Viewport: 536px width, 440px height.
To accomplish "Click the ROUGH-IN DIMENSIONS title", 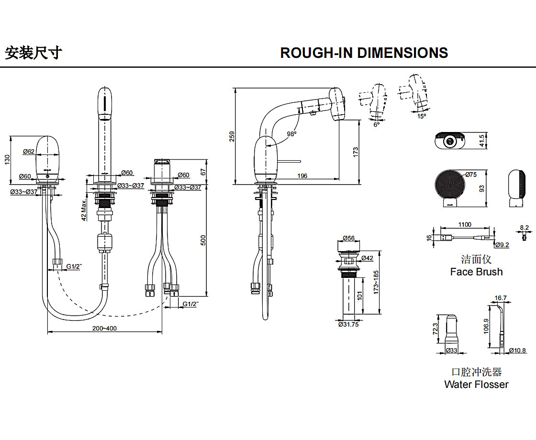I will [364, 53].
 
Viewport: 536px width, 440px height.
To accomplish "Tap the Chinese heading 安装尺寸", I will [33, 52].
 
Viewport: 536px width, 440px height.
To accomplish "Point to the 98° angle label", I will [291, 134].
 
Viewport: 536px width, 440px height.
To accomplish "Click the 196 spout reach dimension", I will [302, 176].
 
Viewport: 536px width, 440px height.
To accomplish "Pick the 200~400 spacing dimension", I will [105, 328].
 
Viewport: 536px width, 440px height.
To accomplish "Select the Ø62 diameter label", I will [29, 152].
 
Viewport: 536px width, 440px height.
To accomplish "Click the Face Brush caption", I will [476, 272].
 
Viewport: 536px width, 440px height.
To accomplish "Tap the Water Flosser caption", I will [476, 384].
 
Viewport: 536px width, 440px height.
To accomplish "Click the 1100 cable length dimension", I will [464, 224].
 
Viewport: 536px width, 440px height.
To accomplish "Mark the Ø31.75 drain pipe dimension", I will [348, 324].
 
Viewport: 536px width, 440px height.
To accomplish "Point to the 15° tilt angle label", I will [421, 116].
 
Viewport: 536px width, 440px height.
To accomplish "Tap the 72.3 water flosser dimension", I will [435, 329].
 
